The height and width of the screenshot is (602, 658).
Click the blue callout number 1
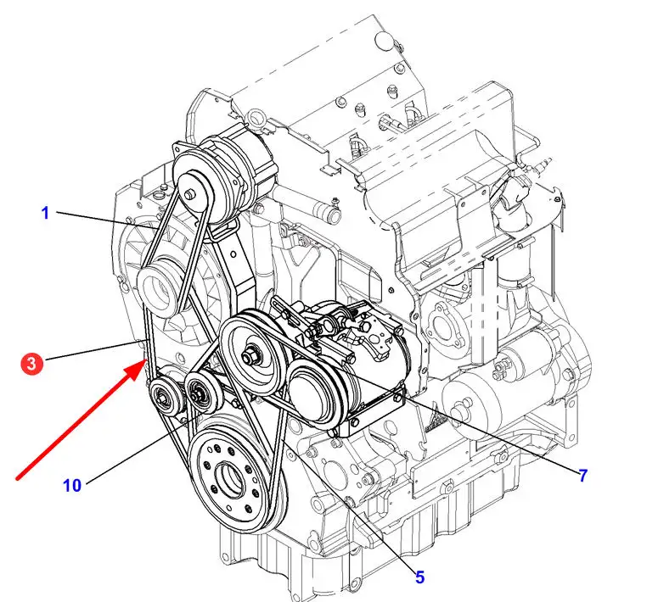pyautogui.click(x=45, y=213)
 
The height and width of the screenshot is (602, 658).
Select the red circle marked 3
pyautogui.click(x=32, y=363)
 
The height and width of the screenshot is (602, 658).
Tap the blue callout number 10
pyautogui.click(x=72, y=486)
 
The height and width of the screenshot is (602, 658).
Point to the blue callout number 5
pyautogui.click(x=419, y=577)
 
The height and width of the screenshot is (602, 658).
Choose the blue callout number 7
pyautogui.click(x=583, y=476)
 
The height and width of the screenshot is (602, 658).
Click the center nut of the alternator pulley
pyautogui.click(x=189, y=194)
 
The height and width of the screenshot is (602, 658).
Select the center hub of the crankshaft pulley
pyautogui.click(x=228, y=477)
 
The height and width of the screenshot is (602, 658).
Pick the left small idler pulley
pyautogui.click(x=165, y=396)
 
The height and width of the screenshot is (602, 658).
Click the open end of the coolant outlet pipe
pyautogui.click(x=333, y=216)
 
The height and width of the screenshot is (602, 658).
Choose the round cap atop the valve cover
pyautogui.click(x=383, y=38)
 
